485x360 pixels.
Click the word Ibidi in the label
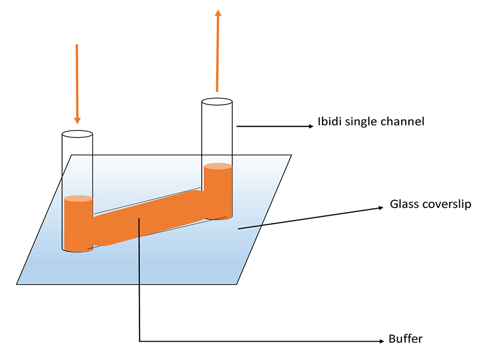coord(330,122)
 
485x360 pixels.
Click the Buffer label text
coord(405,339)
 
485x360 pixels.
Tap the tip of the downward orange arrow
coord(77,124)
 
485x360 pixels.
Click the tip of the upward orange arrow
coord(218,10)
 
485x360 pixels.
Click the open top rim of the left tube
coord(77,131)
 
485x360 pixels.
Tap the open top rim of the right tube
coord(217,98)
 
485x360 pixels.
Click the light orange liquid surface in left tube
coord(78,198)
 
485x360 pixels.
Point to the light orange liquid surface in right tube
coord(218,166)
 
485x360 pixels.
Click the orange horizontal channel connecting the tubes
coord(148,218)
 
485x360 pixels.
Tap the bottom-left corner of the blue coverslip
coord(16,284)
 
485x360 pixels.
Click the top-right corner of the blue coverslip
coord(291,155)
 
